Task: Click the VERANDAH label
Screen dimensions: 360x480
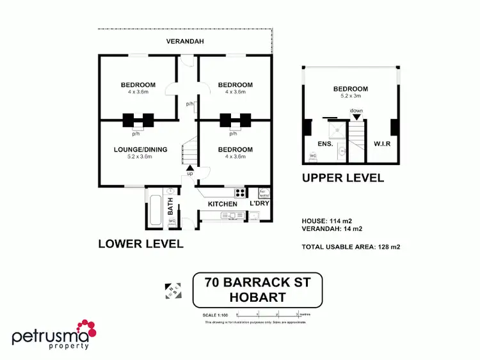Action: [x=185, y=42]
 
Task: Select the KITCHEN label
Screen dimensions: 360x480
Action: [x=223, y=203]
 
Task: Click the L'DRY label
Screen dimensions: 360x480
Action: [x=259, y=203]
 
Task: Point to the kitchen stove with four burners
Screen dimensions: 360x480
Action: [x=241, y=192]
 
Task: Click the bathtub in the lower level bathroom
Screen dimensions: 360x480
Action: [x=156, y=207]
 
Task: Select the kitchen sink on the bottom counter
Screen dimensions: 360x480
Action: [x=229, y=216]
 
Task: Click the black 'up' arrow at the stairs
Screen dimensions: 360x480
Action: [x=189, y=168]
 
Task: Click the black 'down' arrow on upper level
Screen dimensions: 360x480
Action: [x=356, y=117]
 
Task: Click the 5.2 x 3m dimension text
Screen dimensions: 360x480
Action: [x=351, y=96]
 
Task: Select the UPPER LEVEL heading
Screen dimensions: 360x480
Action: [x=343, y=177]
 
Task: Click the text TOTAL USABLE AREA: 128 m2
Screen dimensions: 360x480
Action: [x=355, y=246]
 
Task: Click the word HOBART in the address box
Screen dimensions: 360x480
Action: [x=257, y=297]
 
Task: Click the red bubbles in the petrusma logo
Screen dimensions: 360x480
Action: [x=86, y=329]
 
